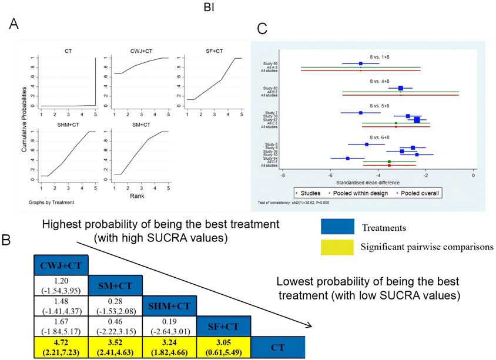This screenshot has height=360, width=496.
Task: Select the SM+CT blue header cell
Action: coord(116,285)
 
